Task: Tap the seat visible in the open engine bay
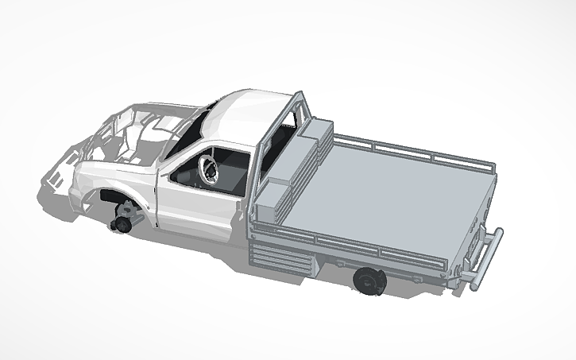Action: (131, 143)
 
